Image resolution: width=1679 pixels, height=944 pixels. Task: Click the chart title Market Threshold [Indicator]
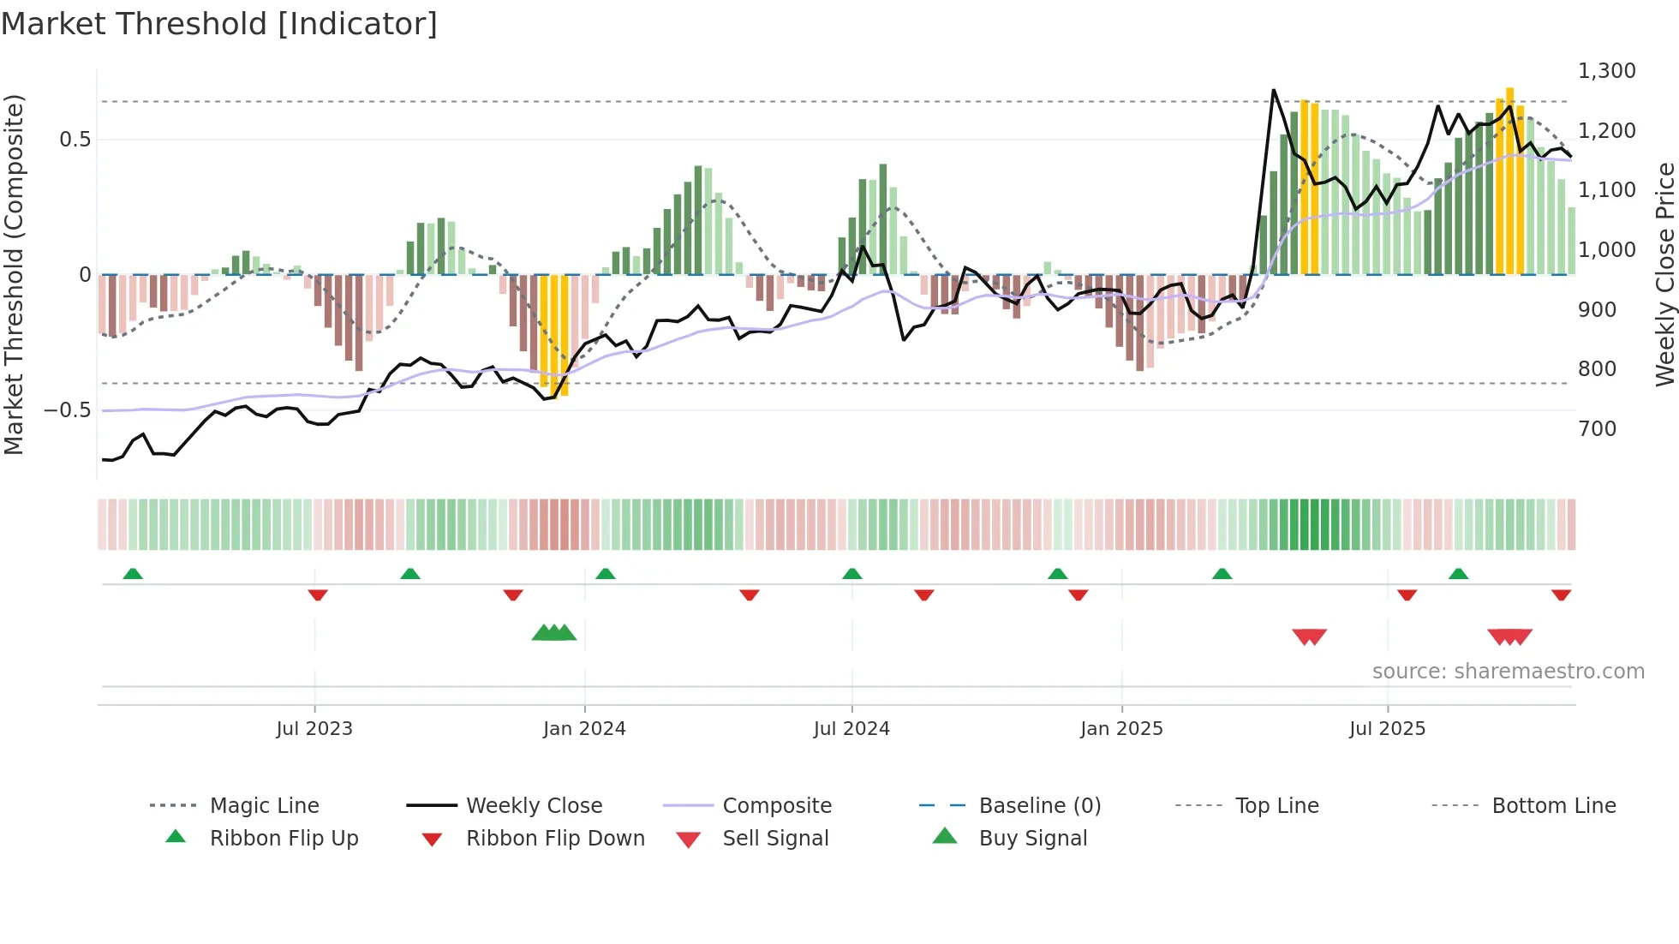click(219, 24)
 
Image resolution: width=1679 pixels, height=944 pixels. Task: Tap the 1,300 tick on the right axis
click(1606, 71)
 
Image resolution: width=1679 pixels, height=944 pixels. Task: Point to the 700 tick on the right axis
click(1597, 428)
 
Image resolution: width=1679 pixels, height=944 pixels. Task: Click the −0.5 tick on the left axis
click(68, 410)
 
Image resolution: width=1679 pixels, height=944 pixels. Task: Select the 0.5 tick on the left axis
click(75, 140)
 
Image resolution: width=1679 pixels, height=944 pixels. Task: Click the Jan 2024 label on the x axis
click(584, 729)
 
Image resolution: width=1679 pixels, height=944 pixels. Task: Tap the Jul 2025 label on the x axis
click(1387, 729)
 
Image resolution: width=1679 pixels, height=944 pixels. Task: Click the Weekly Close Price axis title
click(1664, 274)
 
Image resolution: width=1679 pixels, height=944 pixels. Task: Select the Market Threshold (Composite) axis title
click(14, 274)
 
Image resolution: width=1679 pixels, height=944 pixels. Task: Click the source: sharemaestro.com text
click(1508, 672)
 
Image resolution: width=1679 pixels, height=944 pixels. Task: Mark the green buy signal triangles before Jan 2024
click(554, 634)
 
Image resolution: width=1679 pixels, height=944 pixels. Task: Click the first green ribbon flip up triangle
click(133, 574)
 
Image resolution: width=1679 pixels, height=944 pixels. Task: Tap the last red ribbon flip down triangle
click(1561, 594)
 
